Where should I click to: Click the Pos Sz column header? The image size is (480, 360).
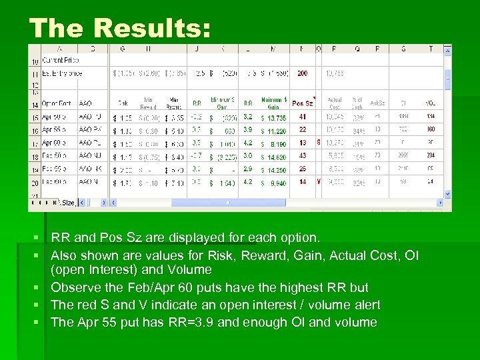click(x=303, y=103)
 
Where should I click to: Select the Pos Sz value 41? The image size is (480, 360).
click(x=303, y=117)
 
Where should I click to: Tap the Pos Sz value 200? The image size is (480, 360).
click(x=303, y=73)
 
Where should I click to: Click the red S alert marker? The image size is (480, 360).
click(x=318, y=143)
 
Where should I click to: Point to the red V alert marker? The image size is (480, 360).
click(x=318, y=181)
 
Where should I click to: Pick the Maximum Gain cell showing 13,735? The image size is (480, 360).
click(x=273, y=117)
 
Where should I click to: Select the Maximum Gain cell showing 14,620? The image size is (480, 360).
click(x=273, y=156)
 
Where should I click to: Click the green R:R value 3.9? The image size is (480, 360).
click(x=247, y=130)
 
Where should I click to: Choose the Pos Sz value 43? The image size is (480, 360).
click(x=303, y=156)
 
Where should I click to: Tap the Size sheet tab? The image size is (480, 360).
click(x=68, y=203)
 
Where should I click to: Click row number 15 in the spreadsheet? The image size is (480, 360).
click(x=34, y=117)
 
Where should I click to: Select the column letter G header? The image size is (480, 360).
click(x=122, y=49)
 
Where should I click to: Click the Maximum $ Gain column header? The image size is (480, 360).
click(x=273, y=103)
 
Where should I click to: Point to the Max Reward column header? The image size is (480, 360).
click(x=175, y=103)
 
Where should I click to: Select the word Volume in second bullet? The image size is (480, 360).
click(x=189, y=270)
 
